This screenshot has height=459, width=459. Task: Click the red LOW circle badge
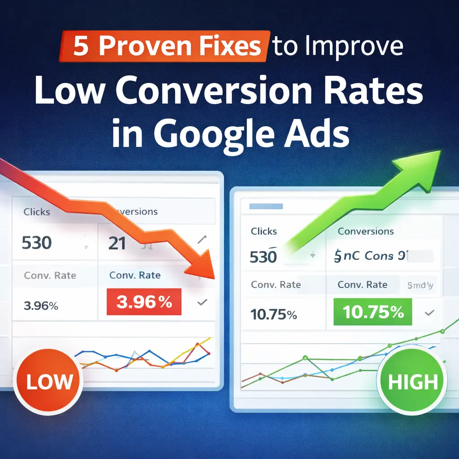49,382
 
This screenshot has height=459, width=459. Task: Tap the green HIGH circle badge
412,382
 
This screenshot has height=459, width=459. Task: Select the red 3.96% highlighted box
143,302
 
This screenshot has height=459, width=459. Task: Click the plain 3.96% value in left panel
41,307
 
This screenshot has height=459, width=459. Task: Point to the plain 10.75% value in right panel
274,315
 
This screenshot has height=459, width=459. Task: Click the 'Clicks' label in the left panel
37,211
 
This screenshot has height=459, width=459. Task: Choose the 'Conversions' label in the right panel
366,231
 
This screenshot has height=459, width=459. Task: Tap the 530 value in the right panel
264,257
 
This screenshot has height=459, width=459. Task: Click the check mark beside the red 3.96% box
202,303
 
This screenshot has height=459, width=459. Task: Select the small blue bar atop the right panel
266,207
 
